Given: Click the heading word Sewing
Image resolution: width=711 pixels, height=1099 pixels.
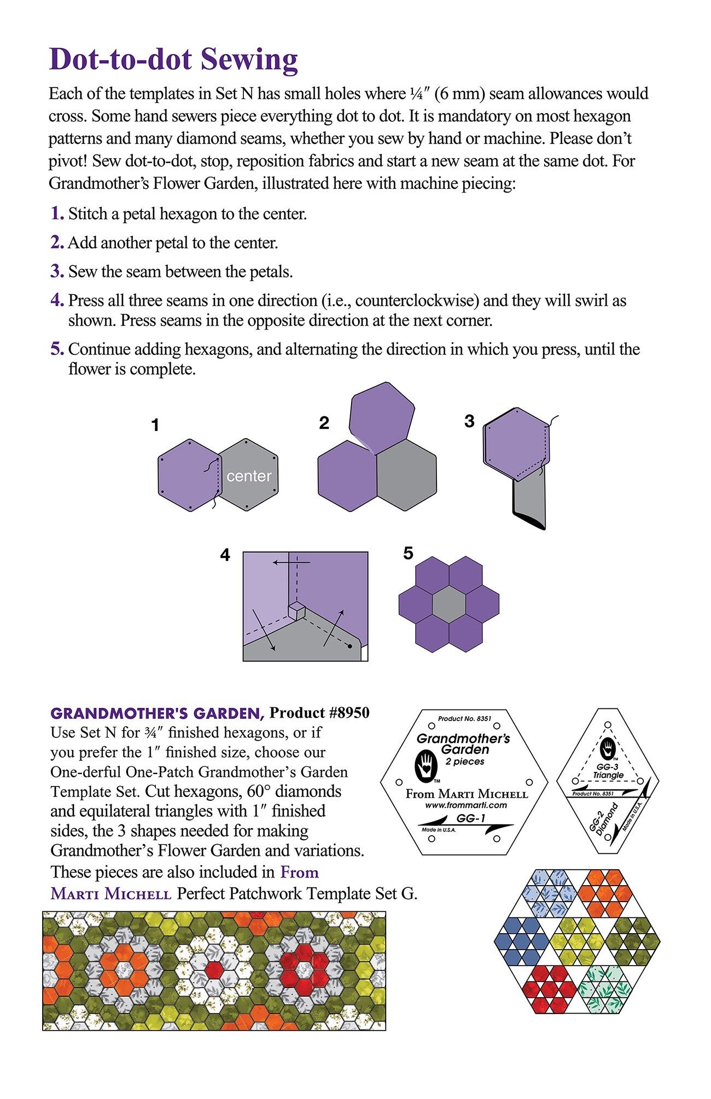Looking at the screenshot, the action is pos(249,60).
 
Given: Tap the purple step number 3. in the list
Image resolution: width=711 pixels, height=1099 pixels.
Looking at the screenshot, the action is pos(57,271).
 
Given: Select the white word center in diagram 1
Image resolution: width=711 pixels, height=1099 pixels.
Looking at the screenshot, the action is pos(249,476).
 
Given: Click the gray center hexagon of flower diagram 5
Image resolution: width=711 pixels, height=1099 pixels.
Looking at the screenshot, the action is pos(449,604).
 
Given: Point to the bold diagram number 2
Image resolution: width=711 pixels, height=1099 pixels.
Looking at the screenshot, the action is pos(324,423).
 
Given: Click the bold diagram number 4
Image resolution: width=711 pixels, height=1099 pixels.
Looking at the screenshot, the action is pos(225,555).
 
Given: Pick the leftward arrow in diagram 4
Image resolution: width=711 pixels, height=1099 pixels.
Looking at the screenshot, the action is pos(292,562).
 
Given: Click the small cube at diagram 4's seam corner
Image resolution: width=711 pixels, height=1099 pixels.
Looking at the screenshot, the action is pos(297,610).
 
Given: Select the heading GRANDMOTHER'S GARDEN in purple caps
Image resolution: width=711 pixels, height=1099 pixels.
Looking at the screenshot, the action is pos(158,713).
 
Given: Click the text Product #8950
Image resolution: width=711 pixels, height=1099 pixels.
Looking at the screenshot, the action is pos(320,713).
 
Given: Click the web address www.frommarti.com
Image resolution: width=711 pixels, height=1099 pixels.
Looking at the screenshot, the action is pos(465,805).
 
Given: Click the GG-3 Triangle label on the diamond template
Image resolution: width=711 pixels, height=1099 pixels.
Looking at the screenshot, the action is pos(608,771).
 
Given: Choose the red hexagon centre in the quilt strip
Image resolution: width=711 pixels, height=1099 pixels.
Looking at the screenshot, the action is pos(214,970).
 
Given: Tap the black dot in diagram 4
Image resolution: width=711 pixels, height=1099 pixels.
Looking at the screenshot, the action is pos(349,646).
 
